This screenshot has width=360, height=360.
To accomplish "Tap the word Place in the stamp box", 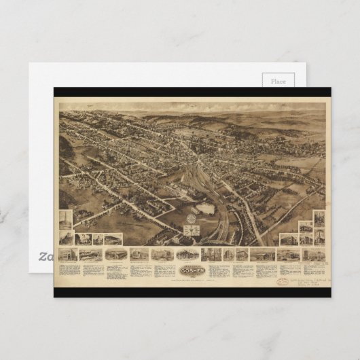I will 278,82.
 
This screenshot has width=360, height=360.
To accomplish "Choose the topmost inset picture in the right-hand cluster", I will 319,219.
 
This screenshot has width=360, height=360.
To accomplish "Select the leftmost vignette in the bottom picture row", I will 69,254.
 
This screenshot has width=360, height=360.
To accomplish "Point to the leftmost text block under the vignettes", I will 69,269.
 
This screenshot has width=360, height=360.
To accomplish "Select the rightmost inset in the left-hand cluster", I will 113,238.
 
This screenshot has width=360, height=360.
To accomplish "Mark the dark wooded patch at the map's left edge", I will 66,146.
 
